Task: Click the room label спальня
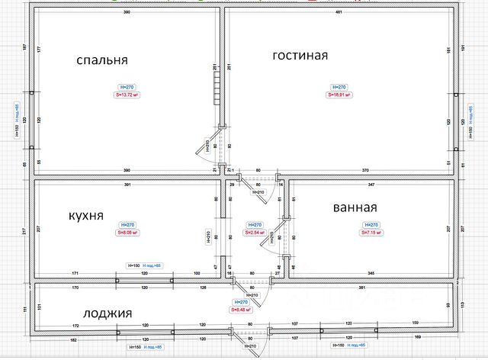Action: (102, 59)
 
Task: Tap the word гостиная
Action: (300, 56)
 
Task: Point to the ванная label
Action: (355, 207)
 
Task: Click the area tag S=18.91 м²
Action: (339, 95)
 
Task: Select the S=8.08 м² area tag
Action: (126, 233)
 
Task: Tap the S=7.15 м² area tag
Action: (371, 233)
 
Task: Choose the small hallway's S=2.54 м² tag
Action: (255, 233)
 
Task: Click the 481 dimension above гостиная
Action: (340, 14)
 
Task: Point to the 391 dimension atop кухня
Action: (127, 185)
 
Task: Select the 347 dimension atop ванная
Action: (371, 185)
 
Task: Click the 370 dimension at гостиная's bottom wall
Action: (366, 169)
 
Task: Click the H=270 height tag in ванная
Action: (371, 225)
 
